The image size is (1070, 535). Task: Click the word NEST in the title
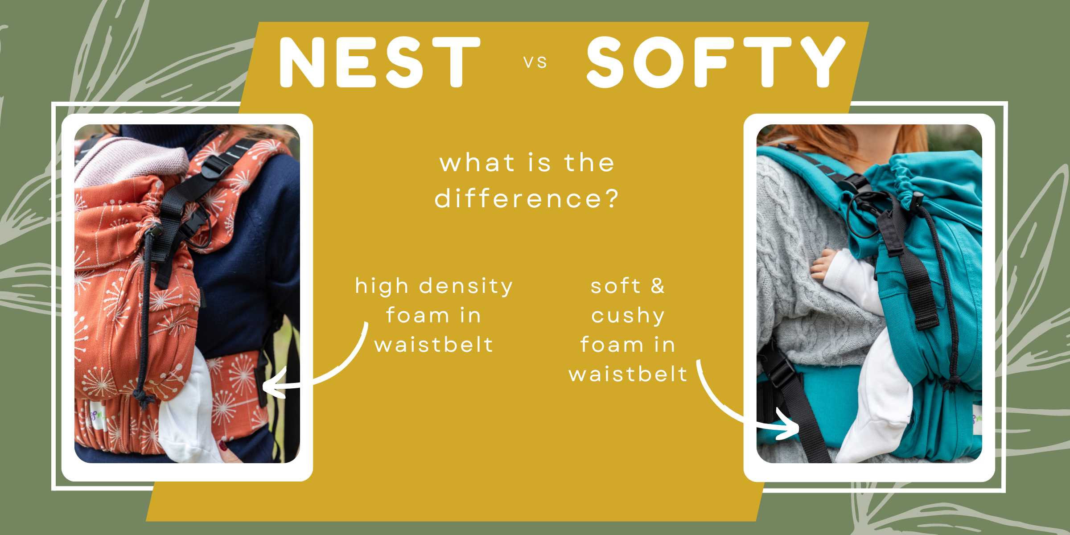(x=380, y=62)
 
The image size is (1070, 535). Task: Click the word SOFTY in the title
(x=716, y=62)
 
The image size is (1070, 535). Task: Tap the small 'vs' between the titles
(x=535, y=63)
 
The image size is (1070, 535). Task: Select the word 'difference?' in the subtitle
(x=527, y=199)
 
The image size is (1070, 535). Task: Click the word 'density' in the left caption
(x=466, y=286)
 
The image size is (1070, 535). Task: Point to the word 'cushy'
(x=628, y=316)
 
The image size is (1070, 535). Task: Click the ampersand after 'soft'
(x=658, y=286)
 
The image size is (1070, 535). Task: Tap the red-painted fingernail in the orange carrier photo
(x=223, y=445)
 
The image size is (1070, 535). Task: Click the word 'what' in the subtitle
(x=477, y=163)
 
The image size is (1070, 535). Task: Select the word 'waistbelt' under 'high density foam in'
(x=434, y=345)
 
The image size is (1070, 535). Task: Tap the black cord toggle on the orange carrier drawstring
(x=155, y=230)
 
